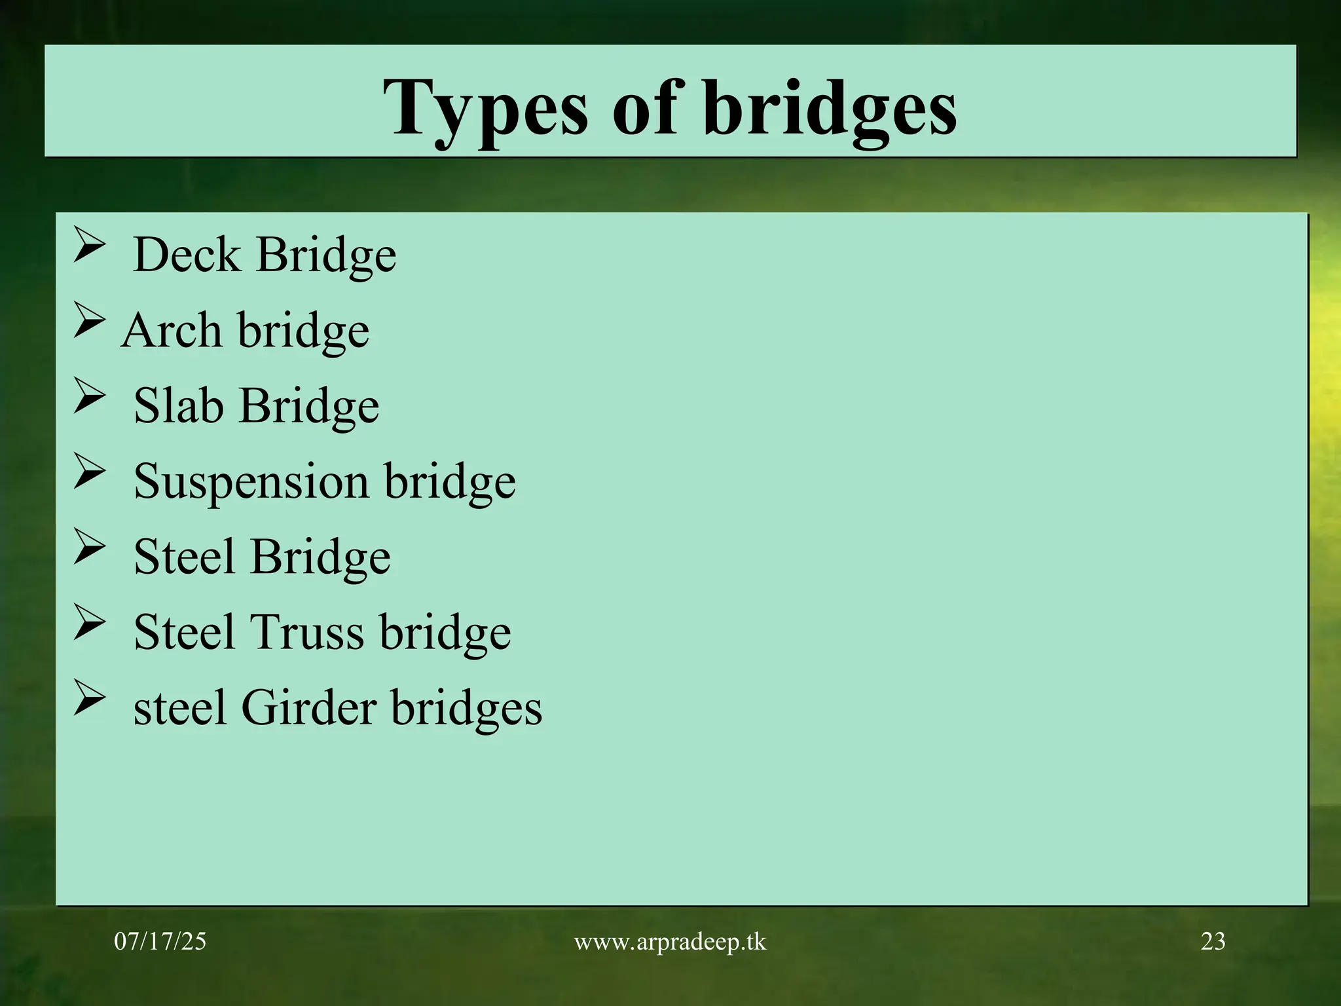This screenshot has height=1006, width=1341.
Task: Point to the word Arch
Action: [x=172, y=330]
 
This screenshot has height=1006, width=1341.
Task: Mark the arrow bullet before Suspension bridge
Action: [x=89, y=471]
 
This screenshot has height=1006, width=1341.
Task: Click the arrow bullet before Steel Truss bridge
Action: [x=89, y=622]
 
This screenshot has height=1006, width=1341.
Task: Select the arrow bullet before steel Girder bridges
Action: [x=89, y=697]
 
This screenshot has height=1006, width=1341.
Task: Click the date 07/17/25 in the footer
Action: [x=160, y=942]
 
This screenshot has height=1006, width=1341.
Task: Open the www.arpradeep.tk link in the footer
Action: [x=670, y=942]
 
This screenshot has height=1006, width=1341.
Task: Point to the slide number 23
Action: [x=1213, y=941]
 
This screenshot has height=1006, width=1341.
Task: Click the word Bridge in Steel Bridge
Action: [x=320, y=557]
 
